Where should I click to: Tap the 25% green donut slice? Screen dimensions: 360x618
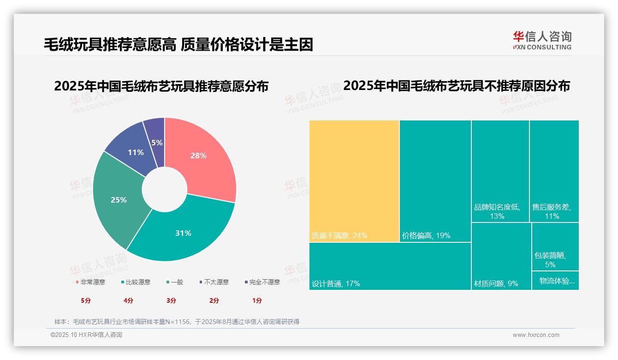pos(119,199)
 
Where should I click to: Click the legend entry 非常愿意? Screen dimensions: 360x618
pos(90,282)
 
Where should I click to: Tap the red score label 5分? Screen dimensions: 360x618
pos(86,300)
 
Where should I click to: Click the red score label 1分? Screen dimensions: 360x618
pos(257,300)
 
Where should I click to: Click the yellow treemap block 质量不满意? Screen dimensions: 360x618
pos(354,181)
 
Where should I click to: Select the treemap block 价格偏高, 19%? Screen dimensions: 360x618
pos(435,181)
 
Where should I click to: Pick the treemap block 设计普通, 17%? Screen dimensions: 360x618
pos(390,266)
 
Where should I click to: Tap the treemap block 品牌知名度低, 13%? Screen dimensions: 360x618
pos(500,171)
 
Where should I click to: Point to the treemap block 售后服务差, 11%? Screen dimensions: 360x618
pos(554,171)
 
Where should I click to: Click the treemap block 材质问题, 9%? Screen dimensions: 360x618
pos(500,256)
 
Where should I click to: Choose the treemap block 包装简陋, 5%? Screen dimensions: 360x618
pos(555,246)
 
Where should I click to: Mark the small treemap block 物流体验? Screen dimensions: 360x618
pos(555,281)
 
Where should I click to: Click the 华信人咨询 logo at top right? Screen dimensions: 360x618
pos(542,40)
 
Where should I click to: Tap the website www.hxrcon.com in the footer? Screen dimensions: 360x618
pos(535,335)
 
